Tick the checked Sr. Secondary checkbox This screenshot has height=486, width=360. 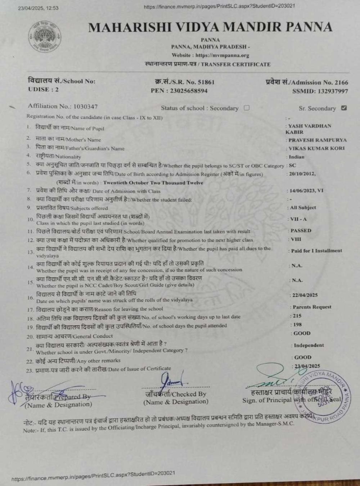[x=344, y=108]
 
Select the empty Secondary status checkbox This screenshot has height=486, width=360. [x=247, y=108]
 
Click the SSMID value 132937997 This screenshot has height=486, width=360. [x=333, y=91]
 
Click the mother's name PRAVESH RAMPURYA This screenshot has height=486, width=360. [x=317, y=140]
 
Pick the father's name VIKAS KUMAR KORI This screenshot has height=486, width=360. [x=316, y=148]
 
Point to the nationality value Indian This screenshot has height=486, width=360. [x=296, y=157]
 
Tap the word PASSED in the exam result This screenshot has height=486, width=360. [x=301, y=230]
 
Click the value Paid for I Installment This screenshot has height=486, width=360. [x=316, y=251]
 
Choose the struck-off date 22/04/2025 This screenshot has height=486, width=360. [x=305, y=295]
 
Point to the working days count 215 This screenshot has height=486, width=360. [x=297, y=316]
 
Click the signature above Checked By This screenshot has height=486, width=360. [x=172, y=379]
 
